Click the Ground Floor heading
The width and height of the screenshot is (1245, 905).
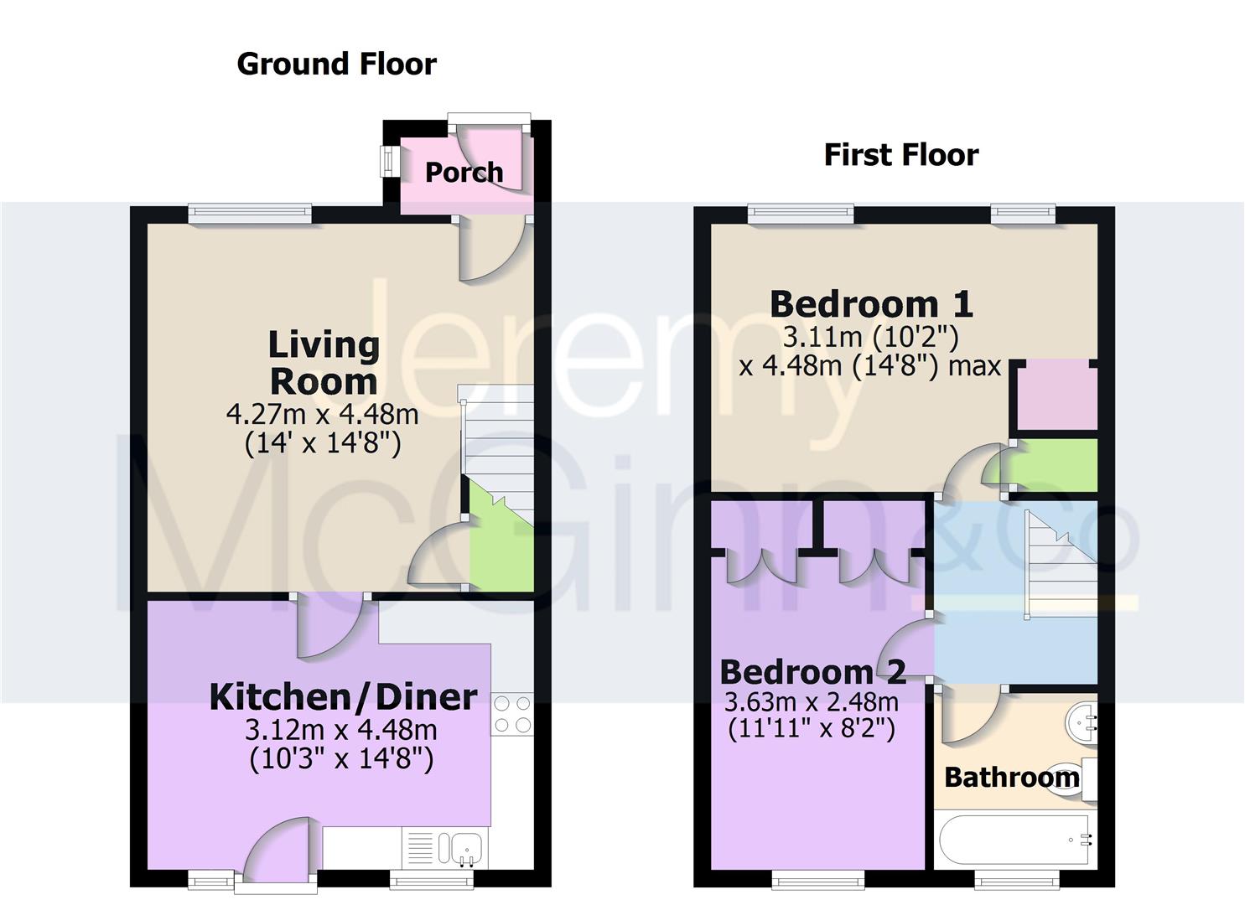pos(336,64)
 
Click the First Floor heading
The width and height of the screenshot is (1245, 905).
pos(901,155)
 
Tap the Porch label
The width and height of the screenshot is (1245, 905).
pos(464,173)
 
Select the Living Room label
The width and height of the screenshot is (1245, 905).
pos(324,362)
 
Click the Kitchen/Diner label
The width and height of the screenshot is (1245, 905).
pos(343,696)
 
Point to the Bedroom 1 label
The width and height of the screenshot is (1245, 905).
pos(871,303)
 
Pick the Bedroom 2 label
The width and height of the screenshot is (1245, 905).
pos(812,671)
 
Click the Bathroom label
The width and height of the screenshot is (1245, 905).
pos(1011,778)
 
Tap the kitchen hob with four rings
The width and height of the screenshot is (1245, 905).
pos(512,714)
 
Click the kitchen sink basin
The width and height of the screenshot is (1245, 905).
pos(466,848)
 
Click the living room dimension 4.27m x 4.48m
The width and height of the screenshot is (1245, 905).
pos(322,413)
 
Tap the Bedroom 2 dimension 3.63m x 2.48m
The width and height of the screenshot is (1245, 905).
pos(811,701)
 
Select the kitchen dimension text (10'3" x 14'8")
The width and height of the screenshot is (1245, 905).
pos(341,759)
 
